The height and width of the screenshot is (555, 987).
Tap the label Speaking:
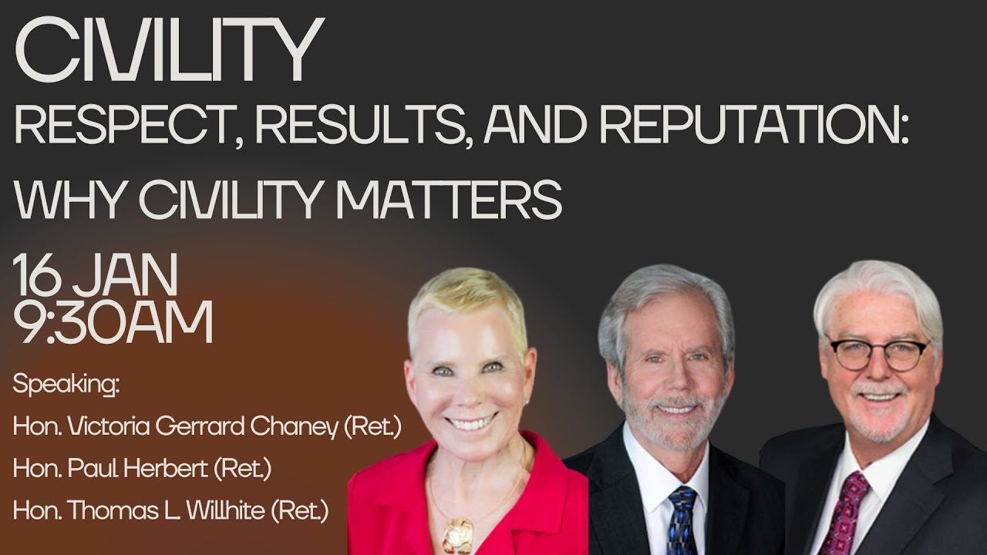[66, 385]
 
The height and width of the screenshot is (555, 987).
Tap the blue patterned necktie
[682, 520]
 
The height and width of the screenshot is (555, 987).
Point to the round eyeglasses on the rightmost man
[879, 353]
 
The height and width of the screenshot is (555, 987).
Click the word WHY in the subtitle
[66, 199]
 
